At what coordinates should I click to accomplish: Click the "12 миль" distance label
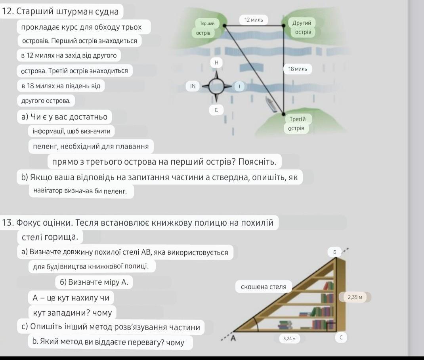click(x=254, y=19)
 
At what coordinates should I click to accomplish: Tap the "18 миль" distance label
click(x=298, y=69)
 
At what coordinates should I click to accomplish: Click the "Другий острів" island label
click(x=302, y=27)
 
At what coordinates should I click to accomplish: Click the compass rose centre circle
click(x=216, y=86)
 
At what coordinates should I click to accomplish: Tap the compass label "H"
click(x=216, y=63)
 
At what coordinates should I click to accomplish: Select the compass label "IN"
click(x=193, y=86)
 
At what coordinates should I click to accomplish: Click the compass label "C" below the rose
click(x=216, y=110)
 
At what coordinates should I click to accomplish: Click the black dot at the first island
click(x=225, y=26)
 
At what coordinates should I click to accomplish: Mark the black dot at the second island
click(x=284, y=26)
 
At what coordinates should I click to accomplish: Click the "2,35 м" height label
click(x=355, y=297)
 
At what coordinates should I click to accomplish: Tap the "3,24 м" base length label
click(x=289, y=338)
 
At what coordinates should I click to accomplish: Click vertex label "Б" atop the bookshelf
click(x=334, y=251)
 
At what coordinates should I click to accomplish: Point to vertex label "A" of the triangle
click(x=233, y=338)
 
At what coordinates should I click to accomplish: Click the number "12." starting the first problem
click(x=9, y=11)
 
